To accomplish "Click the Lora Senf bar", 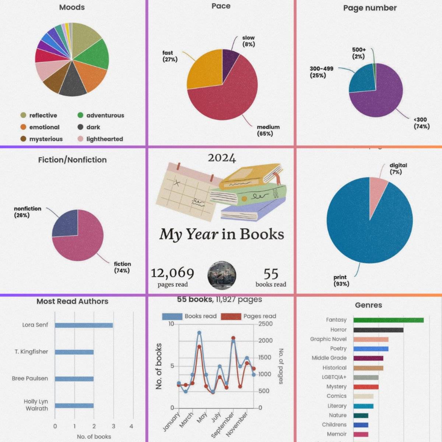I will coord(84,325).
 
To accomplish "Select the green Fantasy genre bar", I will coord(388,320).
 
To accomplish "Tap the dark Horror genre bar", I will coord(378,330).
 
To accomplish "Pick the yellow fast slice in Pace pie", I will coord(204,70).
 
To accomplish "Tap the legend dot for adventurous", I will coord(80,115).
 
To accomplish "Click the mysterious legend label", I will coord(46,139).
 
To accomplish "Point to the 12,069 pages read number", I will coord(172,273).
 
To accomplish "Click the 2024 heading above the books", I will coord(222,158).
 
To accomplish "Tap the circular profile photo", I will coord(222,276).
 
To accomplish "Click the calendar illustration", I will coord(186,193).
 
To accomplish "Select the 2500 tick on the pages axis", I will coord(266,324).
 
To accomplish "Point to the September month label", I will coord(223,425).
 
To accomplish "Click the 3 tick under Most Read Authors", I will coord(113,426).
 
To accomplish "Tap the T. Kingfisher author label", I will coord(31,352).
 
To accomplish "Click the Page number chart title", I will coord(370,8).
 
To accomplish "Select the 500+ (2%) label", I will coord(359,53).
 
